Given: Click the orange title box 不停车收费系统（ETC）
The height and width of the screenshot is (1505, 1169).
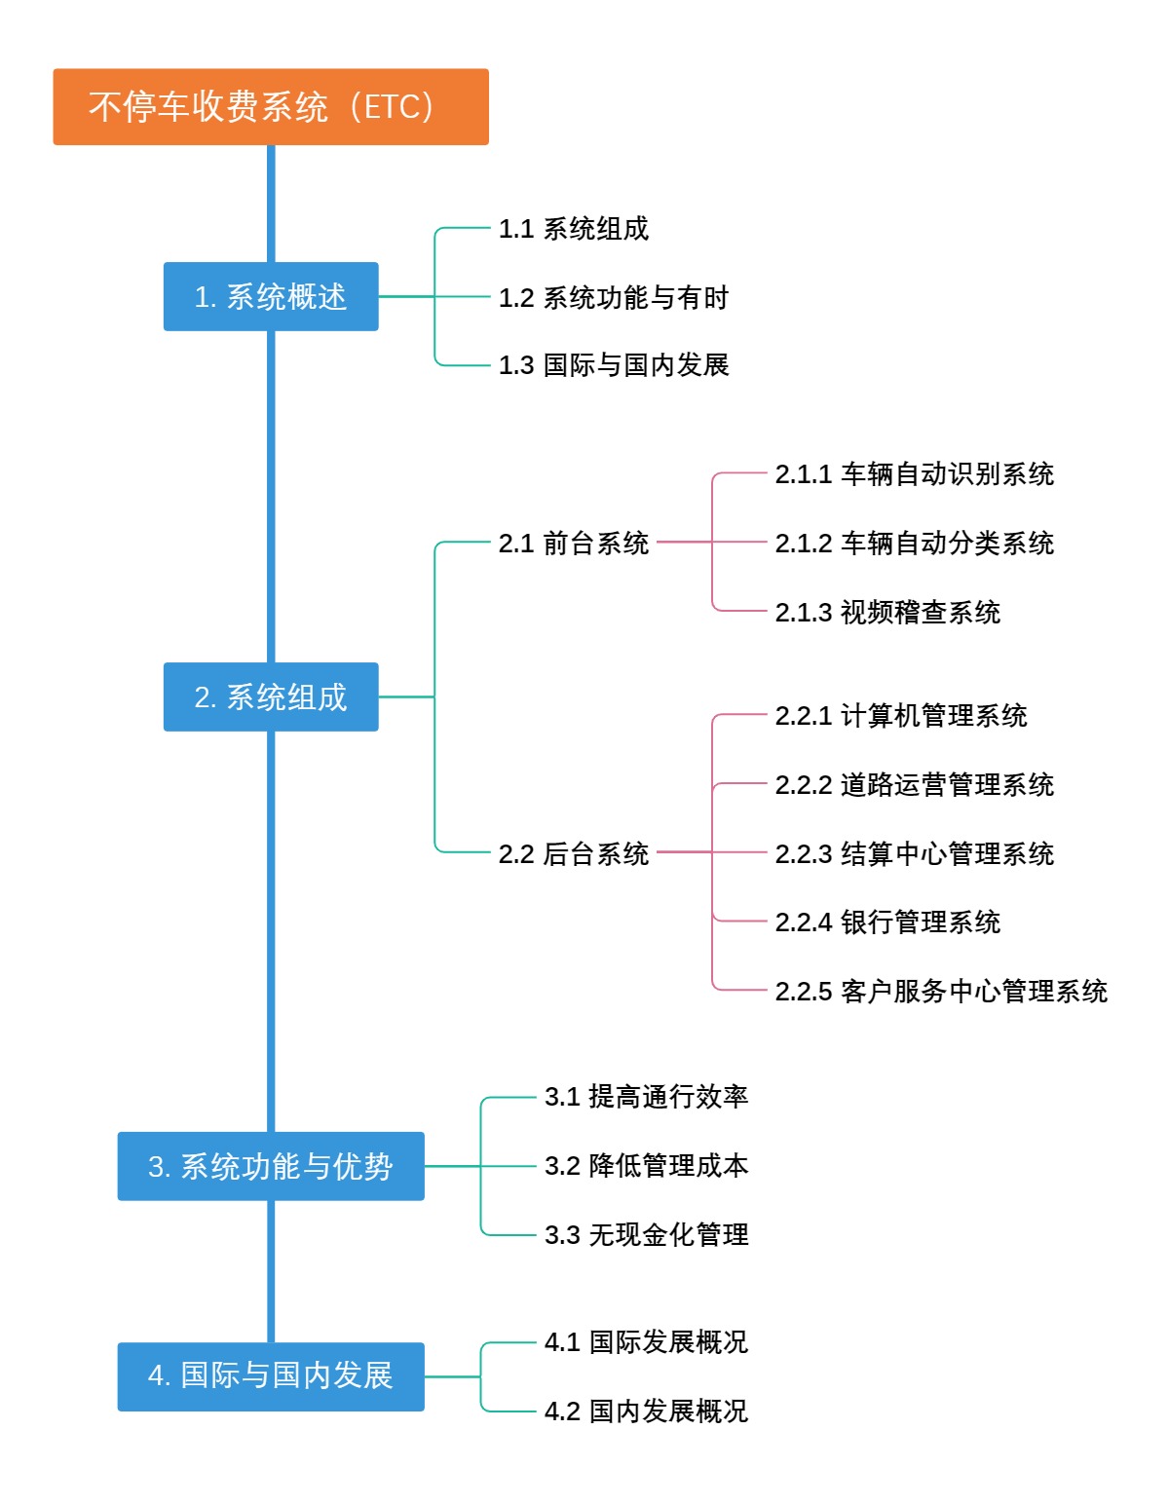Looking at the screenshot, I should point(270,107).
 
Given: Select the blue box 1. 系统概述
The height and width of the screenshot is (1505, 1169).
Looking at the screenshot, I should point(270,296).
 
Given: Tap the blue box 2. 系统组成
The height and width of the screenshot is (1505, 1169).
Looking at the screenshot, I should point(270,696).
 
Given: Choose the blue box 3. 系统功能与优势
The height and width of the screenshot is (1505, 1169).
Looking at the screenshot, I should point(270,1166).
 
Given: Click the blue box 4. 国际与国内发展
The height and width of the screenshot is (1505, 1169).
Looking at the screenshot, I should point(270,1375).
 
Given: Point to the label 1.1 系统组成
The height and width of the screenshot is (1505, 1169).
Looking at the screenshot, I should point(573,229).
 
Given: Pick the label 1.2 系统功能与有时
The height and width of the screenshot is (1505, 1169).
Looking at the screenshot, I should point(613,297).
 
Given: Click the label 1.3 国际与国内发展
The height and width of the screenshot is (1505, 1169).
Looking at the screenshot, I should point(613,365).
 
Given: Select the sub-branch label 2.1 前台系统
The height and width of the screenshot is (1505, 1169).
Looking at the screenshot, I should point(573,543).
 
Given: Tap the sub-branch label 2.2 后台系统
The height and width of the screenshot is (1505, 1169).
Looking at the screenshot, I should point(573,853).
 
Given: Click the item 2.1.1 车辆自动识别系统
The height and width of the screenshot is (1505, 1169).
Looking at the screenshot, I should point(914,474).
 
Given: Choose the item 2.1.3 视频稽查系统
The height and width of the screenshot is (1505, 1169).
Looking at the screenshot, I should point(887,612).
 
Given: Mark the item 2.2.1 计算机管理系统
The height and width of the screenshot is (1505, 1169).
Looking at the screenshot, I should point(900,716).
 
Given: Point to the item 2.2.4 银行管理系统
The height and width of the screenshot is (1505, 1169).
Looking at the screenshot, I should point(887,922).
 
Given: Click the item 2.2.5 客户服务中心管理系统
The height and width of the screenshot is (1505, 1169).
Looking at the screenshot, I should point(940,991).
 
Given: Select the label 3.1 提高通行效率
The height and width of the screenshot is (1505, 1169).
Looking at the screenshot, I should point(646,1097).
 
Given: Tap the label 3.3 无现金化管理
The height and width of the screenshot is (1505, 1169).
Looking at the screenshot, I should point(646,1234).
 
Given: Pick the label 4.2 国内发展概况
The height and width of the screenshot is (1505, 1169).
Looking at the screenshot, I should point(646,1411).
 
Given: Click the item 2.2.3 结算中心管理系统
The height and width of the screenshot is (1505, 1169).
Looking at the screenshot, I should point(914,853).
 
